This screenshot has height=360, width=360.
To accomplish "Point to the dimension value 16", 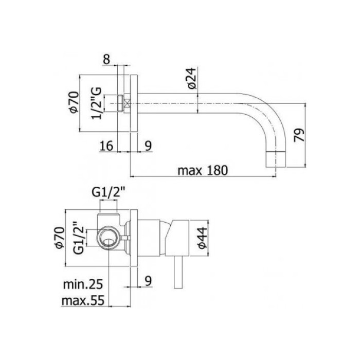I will [x=106, y=146].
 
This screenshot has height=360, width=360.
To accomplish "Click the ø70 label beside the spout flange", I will [x=73, y=102].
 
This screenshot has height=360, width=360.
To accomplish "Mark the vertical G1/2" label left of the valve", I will [x=78, y=238].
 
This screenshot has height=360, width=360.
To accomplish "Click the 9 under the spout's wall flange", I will [x=148, y=146].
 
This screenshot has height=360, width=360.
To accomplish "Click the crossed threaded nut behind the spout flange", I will [x=121, y=103].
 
